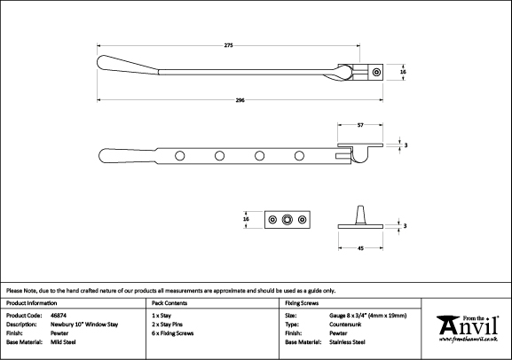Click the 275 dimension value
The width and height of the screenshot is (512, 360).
[x=229, y=45]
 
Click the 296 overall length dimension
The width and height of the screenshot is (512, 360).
[x=240, y=100]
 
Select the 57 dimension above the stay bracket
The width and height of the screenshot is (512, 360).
[x=360, y=125]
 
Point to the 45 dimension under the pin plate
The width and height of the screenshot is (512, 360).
[x=360, y=248]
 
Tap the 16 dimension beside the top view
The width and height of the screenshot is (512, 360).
[x=403, y=72]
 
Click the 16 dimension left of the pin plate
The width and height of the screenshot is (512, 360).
[x=246, y=219]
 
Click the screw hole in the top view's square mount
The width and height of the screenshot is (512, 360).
[x=376, y=72]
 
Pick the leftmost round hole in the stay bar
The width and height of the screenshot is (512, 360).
[x=179, y=156]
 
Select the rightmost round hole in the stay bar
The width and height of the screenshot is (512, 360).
[x=299, y=156]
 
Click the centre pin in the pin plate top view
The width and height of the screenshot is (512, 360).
[x=287, y=220]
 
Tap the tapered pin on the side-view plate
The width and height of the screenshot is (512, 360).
[x=360, y=215]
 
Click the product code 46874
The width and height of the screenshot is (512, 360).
[x=59, y=316]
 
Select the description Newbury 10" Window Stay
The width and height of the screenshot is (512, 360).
[x=84, y=325]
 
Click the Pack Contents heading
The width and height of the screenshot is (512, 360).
[x=169, y=303]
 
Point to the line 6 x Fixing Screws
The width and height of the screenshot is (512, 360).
[x=173, y=333]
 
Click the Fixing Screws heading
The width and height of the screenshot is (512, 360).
[x=302, y=303]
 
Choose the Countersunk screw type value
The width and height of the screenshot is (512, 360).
[x=345, y=325]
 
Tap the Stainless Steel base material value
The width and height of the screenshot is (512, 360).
[x=347, y=342]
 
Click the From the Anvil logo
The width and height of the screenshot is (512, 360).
[x=468, y=329]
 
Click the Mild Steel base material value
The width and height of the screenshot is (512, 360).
[x=63, y=342]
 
